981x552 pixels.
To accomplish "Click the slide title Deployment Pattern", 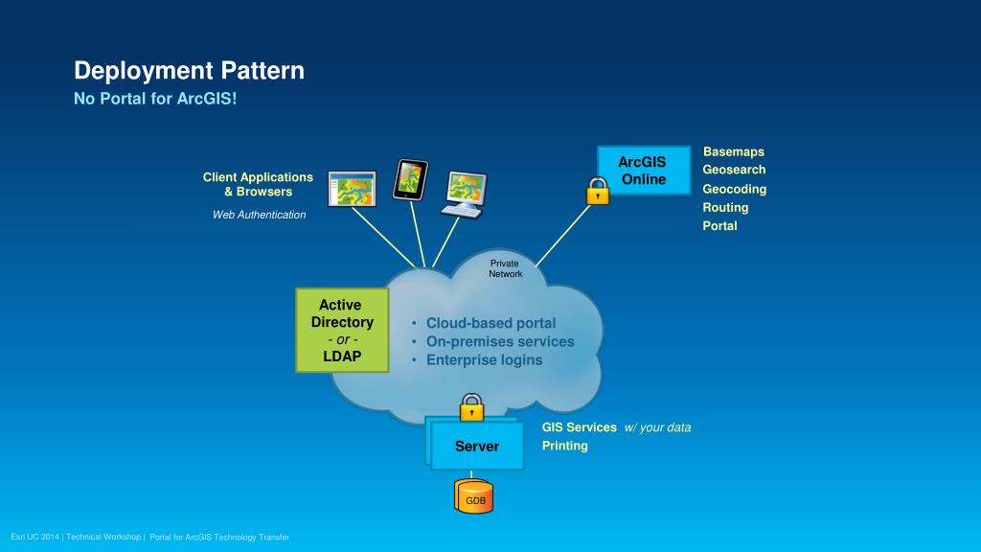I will [190, 71].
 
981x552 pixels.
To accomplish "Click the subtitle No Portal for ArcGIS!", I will [155, 100].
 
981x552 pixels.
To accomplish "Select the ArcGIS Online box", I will [643, 171].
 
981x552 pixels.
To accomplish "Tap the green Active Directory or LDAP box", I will [342, 331].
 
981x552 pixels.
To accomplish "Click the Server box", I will [476, 447].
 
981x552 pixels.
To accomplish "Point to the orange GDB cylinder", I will [475, 496].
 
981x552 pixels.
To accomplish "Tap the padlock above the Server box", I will [471, 407].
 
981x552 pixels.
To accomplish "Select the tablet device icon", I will [411, 179].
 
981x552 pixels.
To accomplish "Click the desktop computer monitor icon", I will [467, 192].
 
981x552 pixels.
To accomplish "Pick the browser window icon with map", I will [352, 189].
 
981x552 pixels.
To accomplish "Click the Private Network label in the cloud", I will [505, 268].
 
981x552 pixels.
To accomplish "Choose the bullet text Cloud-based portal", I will [490, 323].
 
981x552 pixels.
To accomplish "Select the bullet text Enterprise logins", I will [484, 360].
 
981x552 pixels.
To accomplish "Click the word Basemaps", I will [733, 151].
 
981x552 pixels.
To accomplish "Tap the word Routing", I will [725, 207].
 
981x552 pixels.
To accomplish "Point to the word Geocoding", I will [734, 189].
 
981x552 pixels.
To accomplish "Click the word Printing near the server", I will [565, 446].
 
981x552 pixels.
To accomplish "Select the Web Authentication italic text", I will [259, 215].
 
